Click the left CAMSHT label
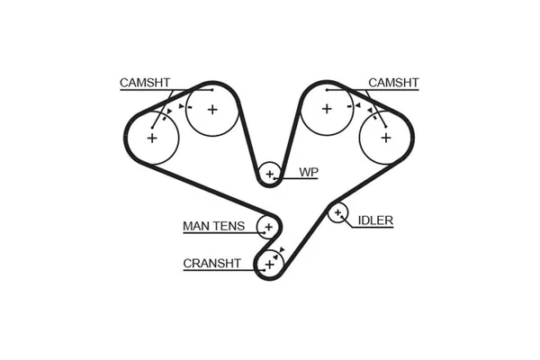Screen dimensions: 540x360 pos(145,83)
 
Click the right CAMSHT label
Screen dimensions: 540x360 pos(393,83)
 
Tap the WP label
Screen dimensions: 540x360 pos(309,172)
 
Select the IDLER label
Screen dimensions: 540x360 pos(375,220)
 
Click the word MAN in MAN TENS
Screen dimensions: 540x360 pos(195,226)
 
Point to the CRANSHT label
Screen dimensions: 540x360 pos(211,263)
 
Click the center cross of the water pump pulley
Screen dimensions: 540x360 pos(269,174)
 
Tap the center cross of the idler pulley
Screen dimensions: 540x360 pos(337,212)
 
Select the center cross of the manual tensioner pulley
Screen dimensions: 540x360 pos(268,227)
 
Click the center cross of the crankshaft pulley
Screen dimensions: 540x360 pos(270,265)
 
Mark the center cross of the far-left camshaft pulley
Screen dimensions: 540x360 pos(152,138)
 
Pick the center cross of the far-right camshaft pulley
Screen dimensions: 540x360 pos(386,138)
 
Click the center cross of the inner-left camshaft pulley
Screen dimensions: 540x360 pos(212,110)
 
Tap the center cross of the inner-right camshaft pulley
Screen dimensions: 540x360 pos(327,109)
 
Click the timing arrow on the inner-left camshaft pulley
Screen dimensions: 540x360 pos(181,106)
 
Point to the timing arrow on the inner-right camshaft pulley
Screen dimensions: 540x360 pos(358,105)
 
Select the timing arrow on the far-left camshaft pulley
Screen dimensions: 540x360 pos(169,112)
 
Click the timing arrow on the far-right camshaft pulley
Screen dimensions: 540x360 pos(370,110)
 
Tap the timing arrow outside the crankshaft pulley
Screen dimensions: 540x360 pos(282,250)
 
